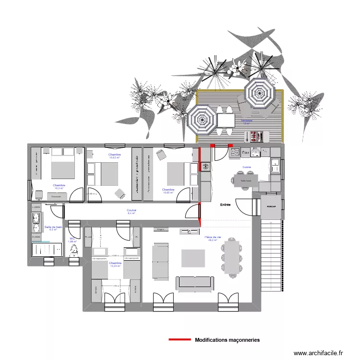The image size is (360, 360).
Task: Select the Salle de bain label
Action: (x=53, y=228)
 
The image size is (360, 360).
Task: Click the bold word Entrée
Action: (x=225, y=205)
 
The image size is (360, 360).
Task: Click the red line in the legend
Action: (x=180, y=340)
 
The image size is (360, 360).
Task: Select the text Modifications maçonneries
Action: (x=227, y=340)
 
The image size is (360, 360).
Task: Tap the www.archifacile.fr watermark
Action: (x=318, y=353)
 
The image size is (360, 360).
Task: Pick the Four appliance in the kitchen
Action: (x=245, y=153)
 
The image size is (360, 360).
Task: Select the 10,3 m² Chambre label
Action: (x=59, y=187)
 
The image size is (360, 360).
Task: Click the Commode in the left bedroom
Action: (x=57, y=196)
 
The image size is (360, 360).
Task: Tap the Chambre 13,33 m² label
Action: (x=115, y=264)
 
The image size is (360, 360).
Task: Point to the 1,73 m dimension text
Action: (x=116, y=286)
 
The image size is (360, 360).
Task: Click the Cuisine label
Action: (x=247, y=167)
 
